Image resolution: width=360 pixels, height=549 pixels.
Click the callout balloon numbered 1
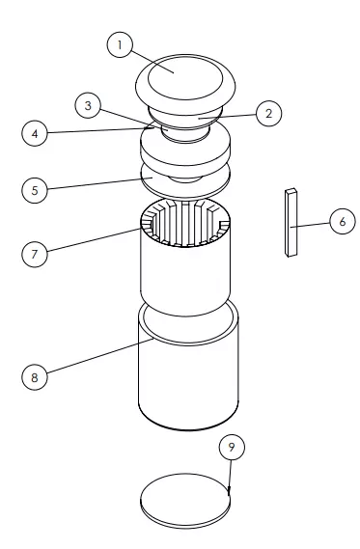120,44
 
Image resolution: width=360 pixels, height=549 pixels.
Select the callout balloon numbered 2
268,114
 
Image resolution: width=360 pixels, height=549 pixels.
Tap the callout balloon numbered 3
88,105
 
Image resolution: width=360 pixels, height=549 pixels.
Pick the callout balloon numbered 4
35,133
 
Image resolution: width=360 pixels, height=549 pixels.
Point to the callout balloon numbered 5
35,190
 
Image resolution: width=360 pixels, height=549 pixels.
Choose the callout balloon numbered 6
343,221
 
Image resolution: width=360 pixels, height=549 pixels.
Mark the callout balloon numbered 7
35,254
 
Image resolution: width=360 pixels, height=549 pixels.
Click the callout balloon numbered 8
35,377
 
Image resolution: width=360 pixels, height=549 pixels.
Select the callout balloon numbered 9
232,447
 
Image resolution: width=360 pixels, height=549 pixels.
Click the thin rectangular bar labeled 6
291,223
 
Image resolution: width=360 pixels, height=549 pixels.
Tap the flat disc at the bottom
185,501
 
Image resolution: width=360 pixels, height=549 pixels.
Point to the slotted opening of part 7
185,222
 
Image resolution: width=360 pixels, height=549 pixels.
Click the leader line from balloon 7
94,240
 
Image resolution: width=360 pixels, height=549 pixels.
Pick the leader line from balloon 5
99,183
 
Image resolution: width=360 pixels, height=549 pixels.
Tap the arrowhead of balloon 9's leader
229,491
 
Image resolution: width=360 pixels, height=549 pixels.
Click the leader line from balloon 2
227,116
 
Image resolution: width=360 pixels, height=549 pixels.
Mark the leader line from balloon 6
310,225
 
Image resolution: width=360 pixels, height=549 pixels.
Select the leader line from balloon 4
101,130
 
